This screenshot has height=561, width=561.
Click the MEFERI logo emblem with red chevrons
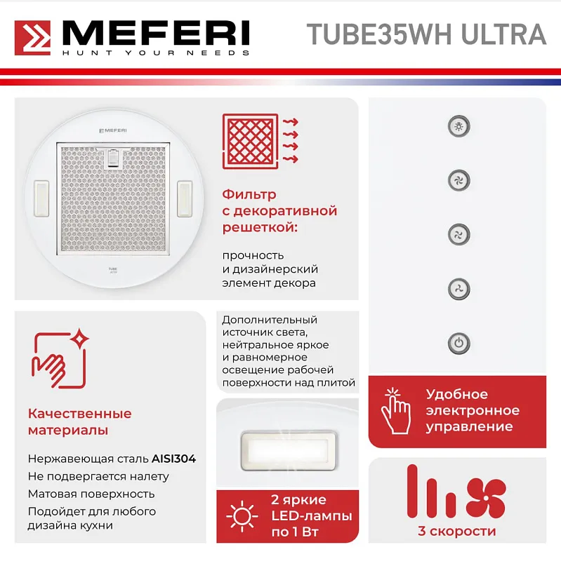point(33,38)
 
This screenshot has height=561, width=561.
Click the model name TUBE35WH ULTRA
point(426,34)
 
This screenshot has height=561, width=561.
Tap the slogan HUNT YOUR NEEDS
point(156,53)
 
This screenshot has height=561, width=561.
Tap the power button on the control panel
point(458,344)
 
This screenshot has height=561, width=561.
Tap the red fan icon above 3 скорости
point(485,497)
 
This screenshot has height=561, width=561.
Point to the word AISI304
point(174,459)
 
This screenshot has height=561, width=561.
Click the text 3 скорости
point(456,531)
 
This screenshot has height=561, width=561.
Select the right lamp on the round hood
point(185,198)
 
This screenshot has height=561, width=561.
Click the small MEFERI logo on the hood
point(112,130)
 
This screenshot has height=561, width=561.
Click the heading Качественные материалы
point(79,421)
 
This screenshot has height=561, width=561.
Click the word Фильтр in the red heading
point(249,194)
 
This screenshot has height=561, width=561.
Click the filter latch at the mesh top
point(114,158)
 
